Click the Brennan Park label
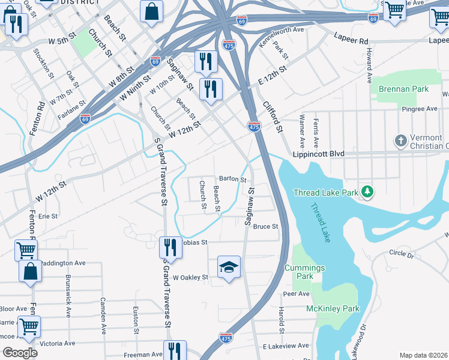point(403,89)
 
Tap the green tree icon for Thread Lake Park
point(367,193)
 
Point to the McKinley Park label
point(333,308)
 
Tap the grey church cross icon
point(401,141)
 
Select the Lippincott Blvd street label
point(318,154)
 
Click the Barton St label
point(233,179)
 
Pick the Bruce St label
point(265,227)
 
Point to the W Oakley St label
point(190,278)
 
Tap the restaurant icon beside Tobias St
point(170,247)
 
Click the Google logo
point(20,352)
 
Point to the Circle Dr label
point(401,254)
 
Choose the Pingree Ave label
point(420,109)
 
